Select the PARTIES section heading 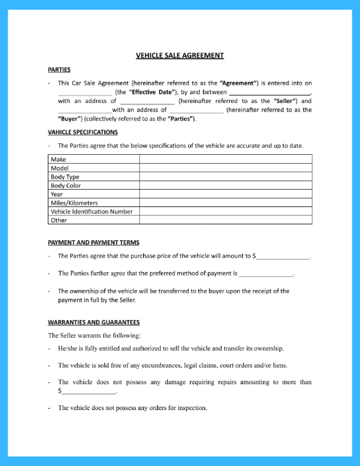point(59,70)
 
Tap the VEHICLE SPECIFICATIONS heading point(82,132)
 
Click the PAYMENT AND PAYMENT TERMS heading point(93,243)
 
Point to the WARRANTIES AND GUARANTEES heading point(93,322)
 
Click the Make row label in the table point(59,159)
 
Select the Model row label point(61,168)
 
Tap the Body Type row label point(65,177)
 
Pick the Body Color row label point(66,186)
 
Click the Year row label point(57,194)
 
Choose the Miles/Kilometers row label point(74,203)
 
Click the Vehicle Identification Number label point(91,212)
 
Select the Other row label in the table point(59,220)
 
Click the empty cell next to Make point(225,159)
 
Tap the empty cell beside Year point(225,194)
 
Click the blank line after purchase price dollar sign point(283,257)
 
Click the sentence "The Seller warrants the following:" point(94,336)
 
